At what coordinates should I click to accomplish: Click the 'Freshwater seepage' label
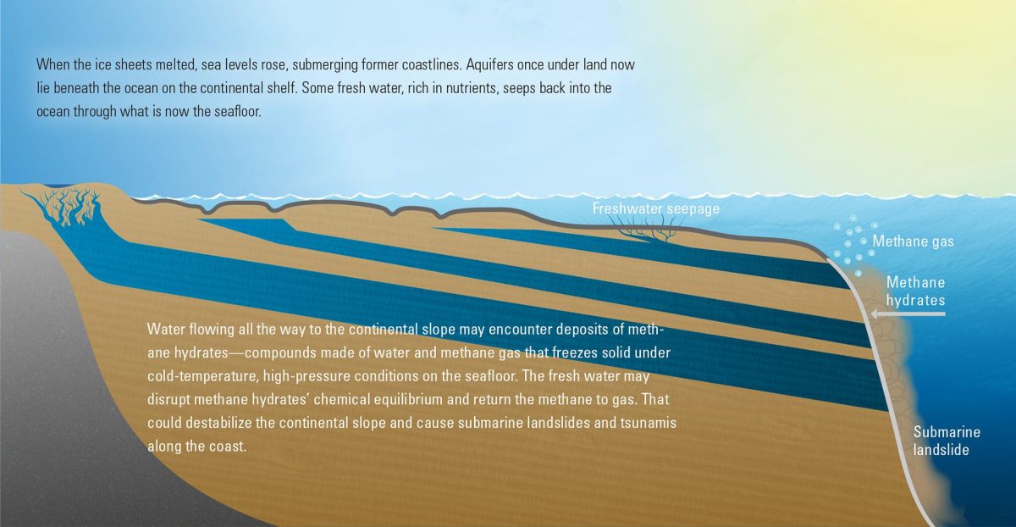click(x=656, y=208)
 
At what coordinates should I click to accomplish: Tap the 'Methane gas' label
click(x=913, y=241)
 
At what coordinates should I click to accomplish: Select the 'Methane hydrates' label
click(x=916, y=291)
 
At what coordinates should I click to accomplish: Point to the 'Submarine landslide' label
click(x=947, y=441)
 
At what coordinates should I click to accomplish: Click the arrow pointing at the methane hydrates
click(x=908, y=313)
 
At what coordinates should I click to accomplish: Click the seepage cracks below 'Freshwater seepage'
click(x=645, y=228)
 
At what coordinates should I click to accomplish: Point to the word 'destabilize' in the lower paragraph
click(x=218, y=423)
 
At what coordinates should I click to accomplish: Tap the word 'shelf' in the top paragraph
click(x=284, y=88)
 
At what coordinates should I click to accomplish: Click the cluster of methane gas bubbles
click(x=855, y=245)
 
